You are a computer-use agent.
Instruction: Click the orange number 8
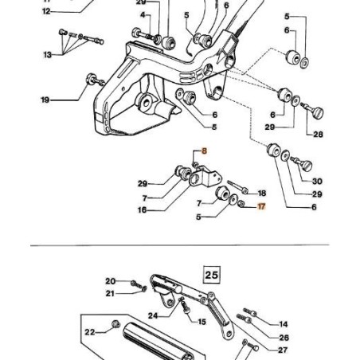tap(202, 151)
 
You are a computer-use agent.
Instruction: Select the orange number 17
tap(262, 206)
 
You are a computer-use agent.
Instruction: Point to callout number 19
tap(45, 100)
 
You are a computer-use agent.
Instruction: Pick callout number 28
tap(318, 134)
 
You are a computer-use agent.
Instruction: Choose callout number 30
tap(317, 182)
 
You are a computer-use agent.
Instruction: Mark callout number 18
tap(262, 193)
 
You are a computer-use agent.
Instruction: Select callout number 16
tap(142, 210)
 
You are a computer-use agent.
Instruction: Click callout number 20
tap(111, 281)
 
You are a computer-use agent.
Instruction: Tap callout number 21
tap(111, 293)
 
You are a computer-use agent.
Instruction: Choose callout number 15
tap(202, 322)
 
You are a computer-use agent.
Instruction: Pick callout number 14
tap(284, 324)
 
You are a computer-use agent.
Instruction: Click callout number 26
tap(284, 337)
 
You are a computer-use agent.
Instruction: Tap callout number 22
tap(89, 332)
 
